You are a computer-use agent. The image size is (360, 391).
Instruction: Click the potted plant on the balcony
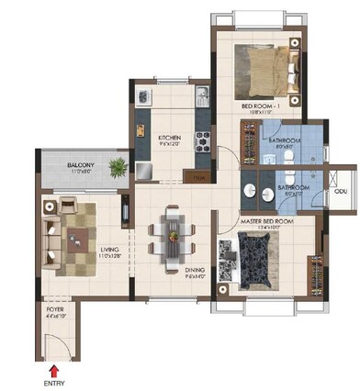coord(118,167)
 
